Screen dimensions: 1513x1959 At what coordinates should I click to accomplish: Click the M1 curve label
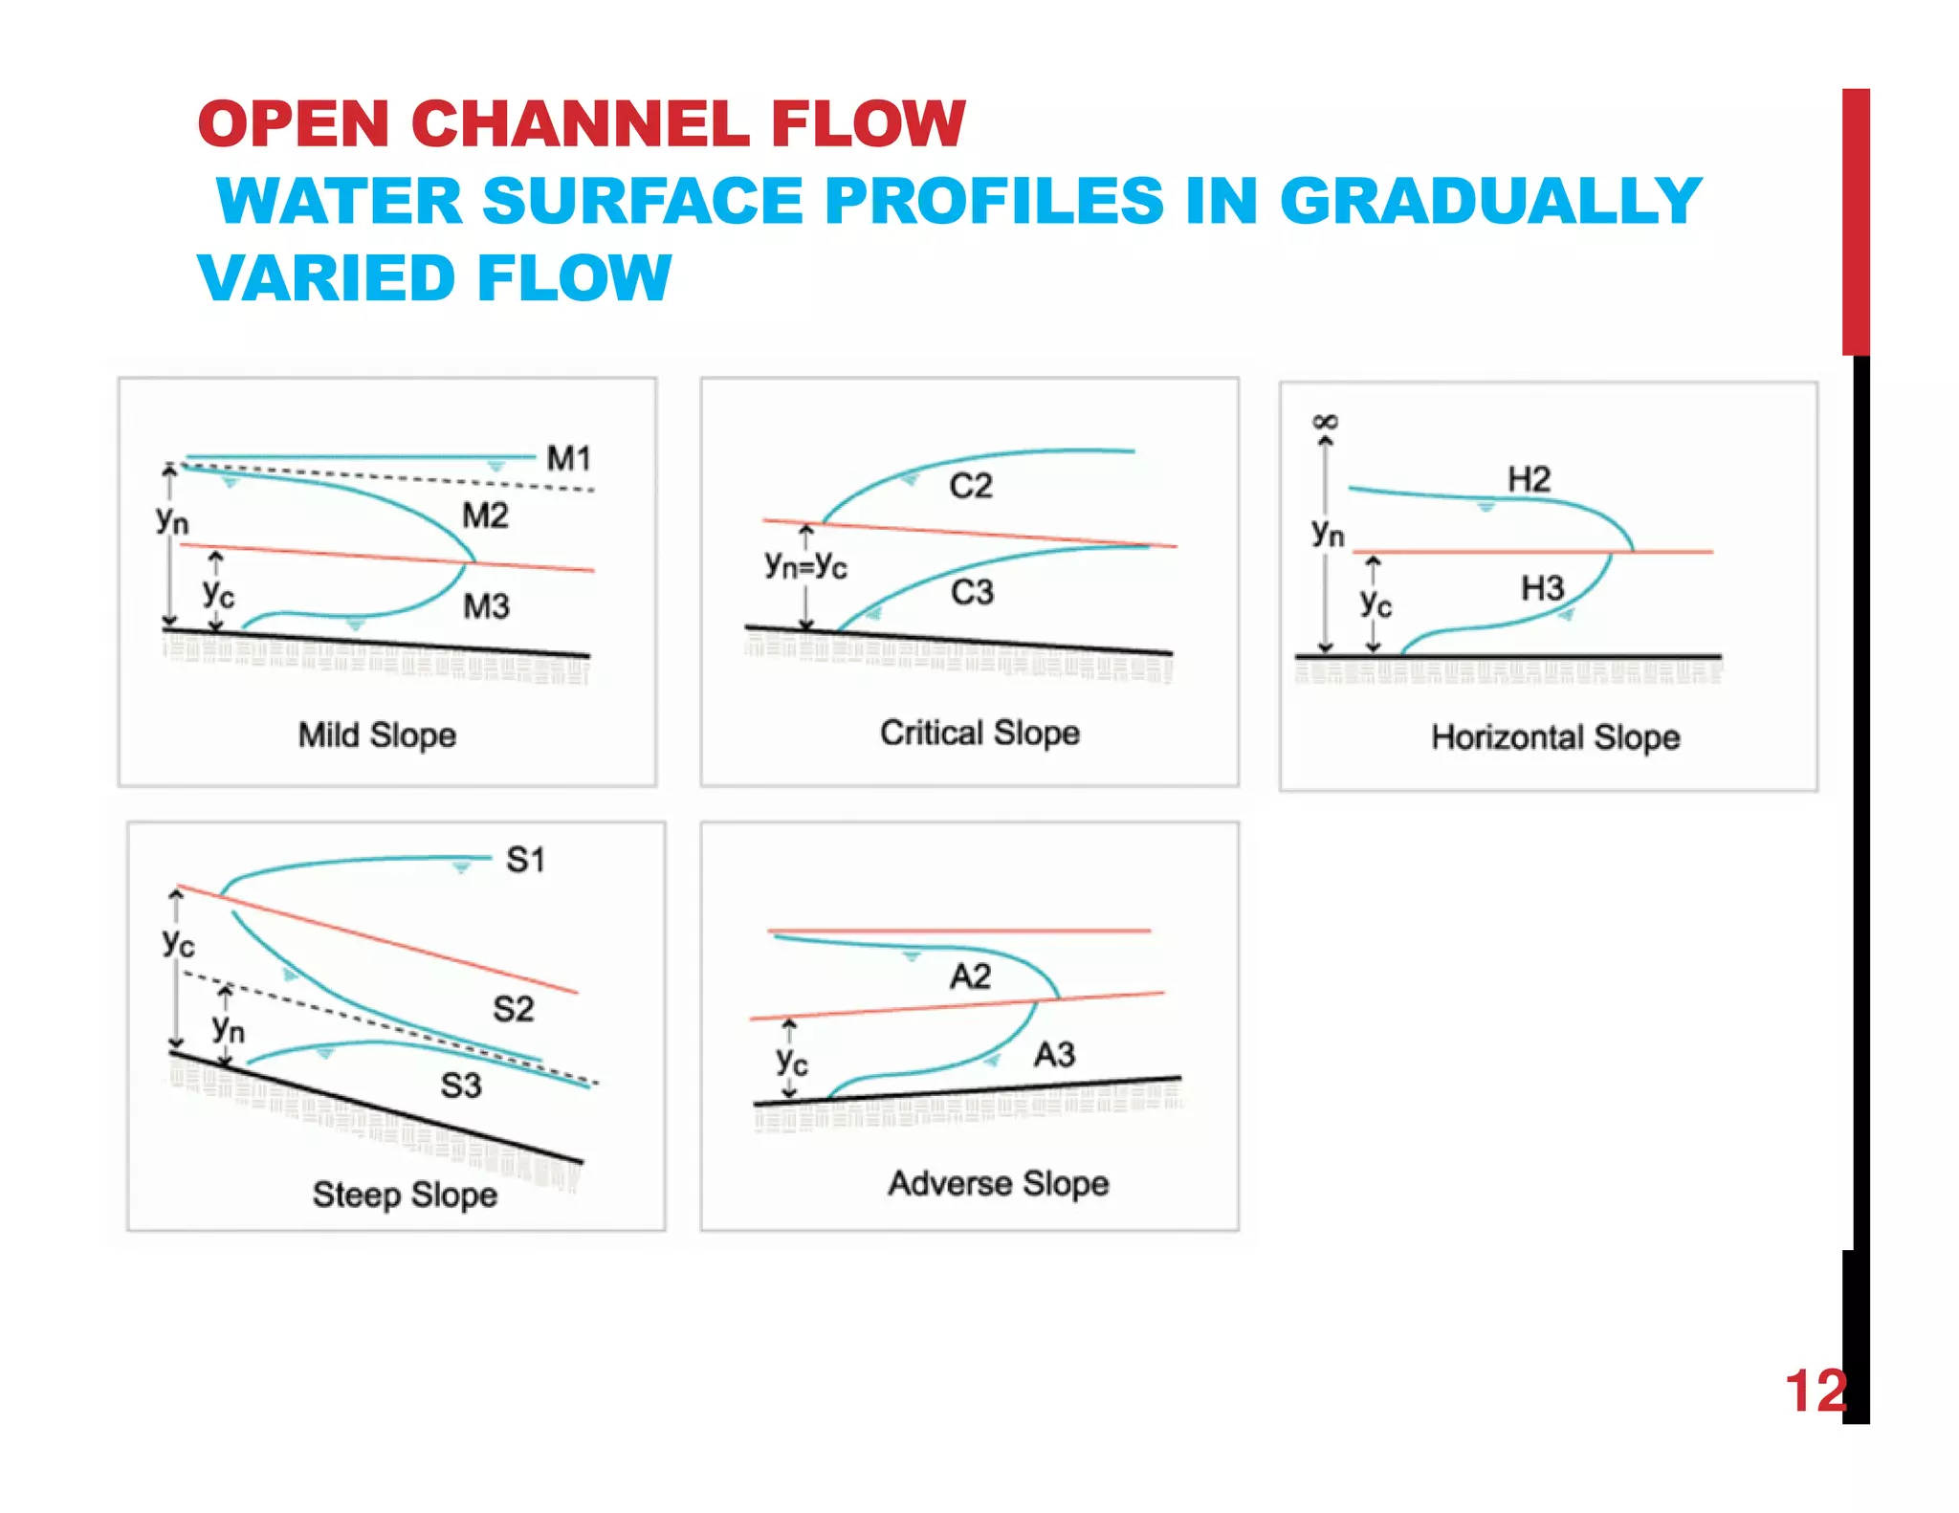tap(568, 458)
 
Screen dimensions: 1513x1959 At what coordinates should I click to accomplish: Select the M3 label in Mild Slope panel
tap(486, 606)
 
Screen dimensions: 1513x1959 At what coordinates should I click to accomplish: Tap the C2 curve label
tap(970, 486)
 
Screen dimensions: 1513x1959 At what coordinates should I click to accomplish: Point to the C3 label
tap(972, 592)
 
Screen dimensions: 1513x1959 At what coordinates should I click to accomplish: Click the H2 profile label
tap(1529, 479)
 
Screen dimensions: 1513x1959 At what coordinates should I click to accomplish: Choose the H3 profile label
tap(1542, 588)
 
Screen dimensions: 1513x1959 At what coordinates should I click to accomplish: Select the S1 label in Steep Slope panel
tap(525, 860)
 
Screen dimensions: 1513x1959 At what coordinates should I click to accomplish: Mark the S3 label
tap(460, 1085)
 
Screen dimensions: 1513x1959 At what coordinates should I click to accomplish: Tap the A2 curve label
tap(970, 976)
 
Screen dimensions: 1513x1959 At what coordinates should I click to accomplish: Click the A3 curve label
tap(1054, 1055)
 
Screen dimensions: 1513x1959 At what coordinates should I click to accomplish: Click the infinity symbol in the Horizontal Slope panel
tap(1326, 422)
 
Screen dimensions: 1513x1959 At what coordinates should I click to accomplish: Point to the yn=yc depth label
tap(805, 564)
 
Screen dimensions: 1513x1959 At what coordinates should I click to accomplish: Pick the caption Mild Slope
tap(377, 735)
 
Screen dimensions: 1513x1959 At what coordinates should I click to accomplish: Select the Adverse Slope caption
tap(998, 1184)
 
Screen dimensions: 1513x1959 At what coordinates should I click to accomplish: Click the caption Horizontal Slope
tap(1555, 737)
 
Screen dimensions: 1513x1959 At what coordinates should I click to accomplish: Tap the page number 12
tap(1815, 1391)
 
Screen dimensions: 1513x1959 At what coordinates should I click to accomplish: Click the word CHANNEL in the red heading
tap(580, 124)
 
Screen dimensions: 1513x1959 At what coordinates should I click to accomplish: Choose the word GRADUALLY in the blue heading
tap(1489, 202)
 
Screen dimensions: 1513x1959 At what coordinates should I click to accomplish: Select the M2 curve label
tap(485, 515)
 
